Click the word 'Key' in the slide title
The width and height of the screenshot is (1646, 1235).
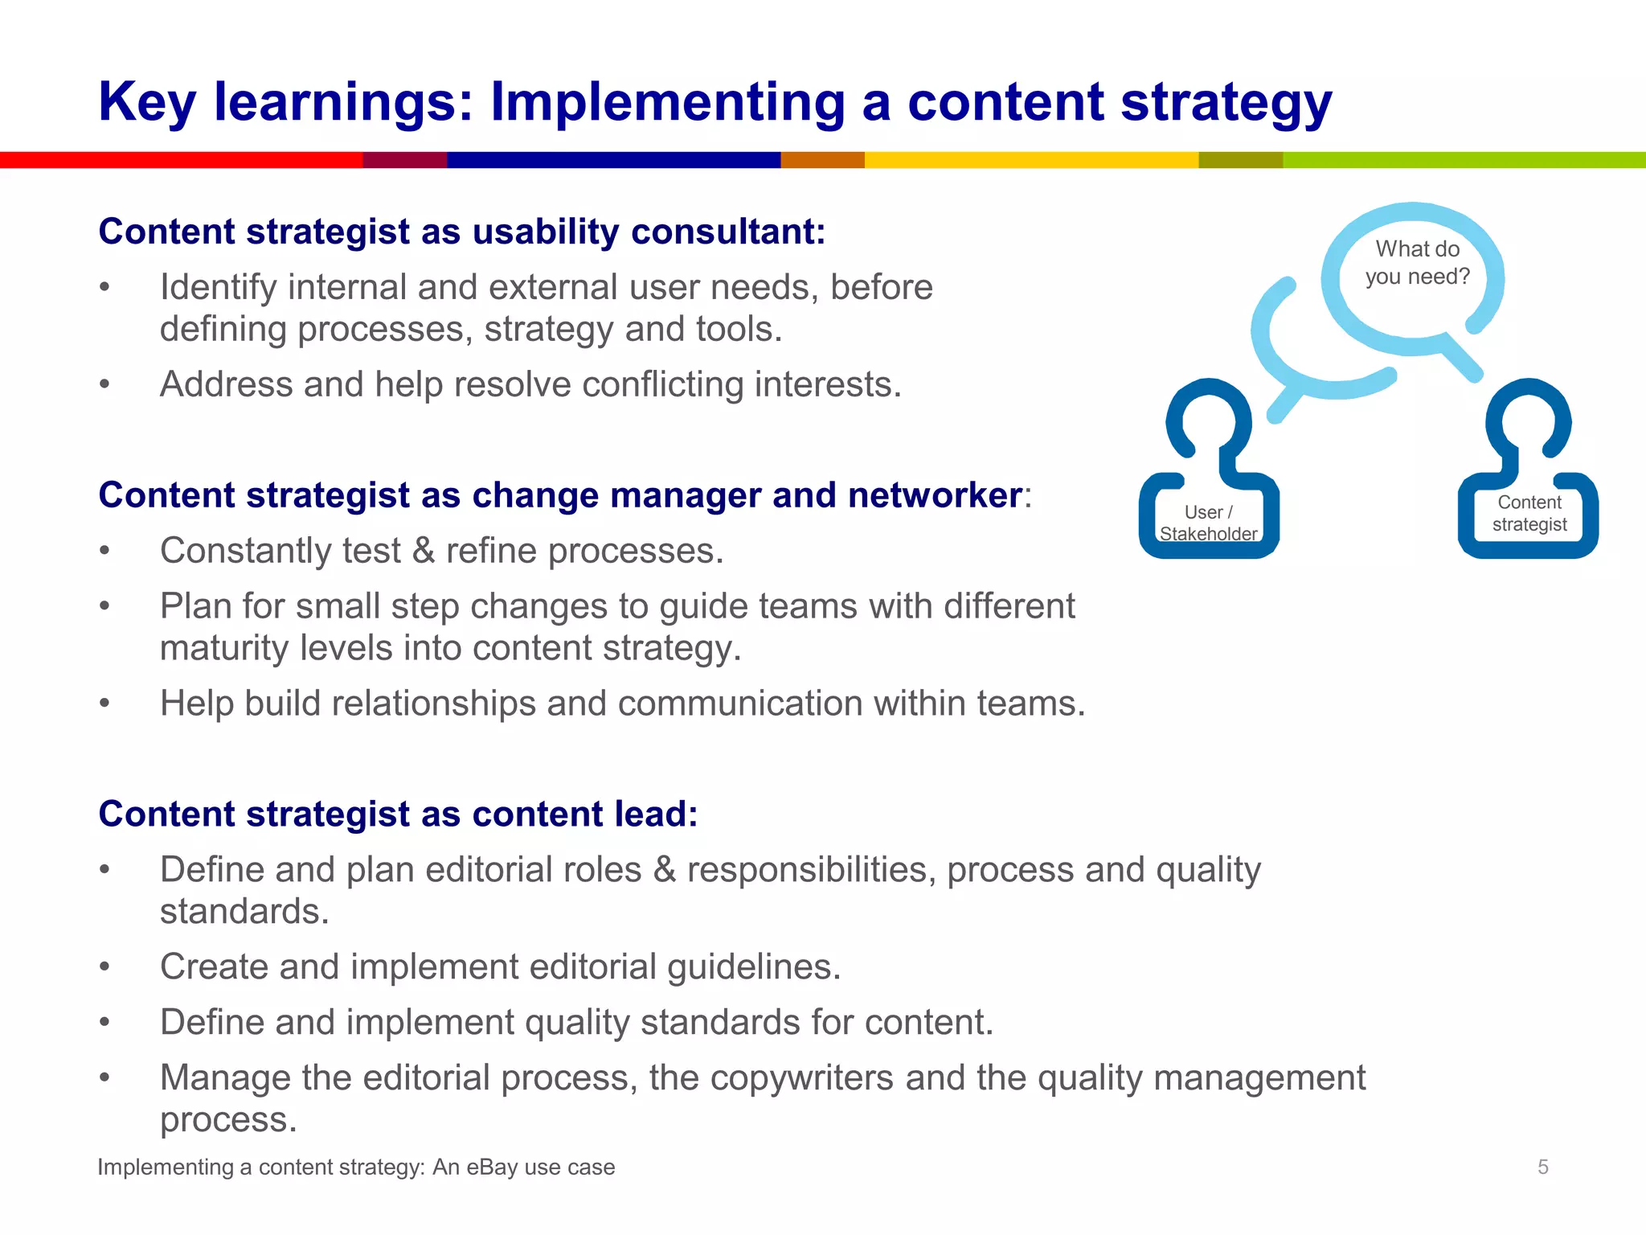coord(146,102)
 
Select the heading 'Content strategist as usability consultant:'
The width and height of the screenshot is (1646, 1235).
coord(461,232)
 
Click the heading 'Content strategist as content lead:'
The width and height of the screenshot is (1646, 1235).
coord(398,814)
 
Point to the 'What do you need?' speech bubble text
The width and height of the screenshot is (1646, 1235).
coord(1417,263)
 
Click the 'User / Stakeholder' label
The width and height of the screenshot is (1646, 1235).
coord(1208,523)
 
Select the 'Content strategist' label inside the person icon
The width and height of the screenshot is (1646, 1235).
coord(1529,513)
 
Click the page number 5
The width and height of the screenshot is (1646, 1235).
coord(1542,1167)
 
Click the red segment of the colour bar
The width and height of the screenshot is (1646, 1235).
coord(181,160)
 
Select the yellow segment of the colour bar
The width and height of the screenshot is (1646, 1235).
coord(1030,160)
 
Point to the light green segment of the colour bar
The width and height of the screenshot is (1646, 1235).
coord(1463,160)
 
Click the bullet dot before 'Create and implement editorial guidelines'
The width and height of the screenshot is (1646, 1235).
coord(104,967)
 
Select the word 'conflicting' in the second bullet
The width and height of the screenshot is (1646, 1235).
coord(662,384)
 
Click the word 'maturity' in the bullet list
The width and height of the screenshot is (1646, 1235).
coord(224,648)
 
